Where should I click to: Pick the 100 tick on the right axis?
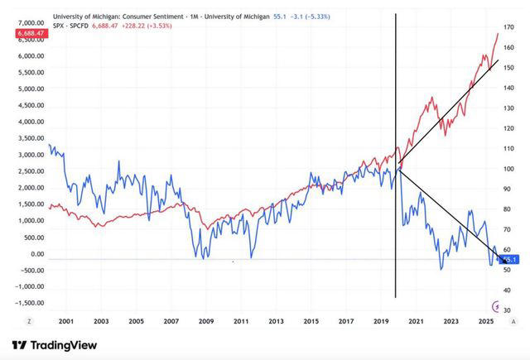pyautogui.click(x=502, y=169)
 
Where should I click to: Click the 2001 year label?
pyautogui.click(x=66, y=320)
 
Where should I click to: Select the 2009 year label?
pyautogui.click(x=206, y=320)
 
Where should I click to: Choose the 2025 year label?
pyautogui.click(x=485, y=320)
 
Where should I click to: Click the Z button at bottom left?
pyautogui.click(x=29, y=320)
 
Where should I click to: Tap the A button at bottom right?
pyautogui.click(x=513, y=320)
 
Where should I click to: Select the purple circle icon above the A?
pyautogui.click(x=496, y=306)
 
